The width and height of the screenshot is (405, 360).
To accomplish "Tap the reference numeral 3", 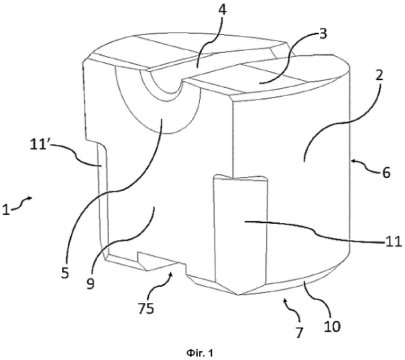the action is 323,34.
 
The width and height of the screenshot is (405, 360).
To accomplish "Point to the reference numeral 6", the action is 386,172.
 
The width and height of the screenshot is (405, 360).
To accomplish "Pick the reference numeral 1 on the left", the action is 5,209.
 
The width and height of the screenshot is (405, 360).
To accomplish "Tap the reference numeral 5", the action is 65,272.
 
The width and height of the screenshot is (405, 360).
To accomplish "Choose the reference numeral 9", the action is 90,283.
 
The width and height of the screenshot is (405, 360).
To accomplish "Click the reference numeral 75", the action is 146,308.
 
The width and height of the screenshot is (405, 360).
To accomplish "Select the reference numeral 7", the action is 299,332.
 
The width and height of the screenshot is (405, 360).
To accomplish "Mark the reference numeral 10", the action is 332,326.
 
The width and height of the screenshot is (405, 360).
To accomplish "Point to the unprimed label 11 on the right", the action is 393,242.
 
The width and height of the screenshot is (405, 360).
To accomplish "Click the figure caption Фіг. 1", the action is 200,352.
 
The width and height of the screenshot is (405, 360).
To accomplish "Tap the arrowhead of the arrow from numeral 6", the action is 352,161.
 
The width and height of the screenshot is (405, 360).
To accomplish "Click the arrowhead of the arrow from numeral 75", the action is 170,274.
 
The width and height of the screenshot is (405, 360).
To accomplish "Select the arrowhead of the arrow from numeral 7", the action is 285,300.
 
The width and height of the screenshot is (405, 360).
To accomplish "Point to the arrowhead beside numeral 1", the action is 31,198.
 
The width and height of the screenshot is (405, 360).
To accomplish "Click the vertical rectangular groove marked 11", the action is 240,230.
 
